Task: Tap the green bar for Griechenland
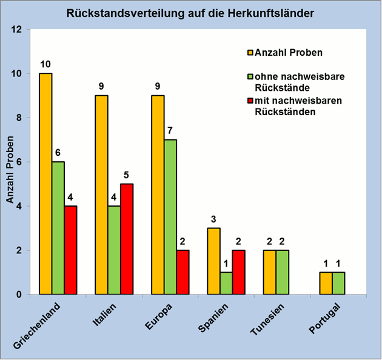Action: pos(58,228)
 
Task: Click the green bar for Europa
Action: pos(170,217)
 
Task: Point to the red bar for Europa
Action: pos(183,272)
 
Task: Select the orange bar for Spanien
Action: pos(213,261)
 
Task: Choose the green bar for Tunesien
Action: pos(282,272)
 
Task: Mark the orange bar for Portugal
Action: pos(326,283)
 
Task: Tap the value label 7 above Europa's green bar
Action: pos(170,130)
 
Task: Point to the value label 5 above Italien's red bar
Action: pos(127,175)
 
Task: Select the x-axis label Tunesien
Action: pos(267,321)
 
